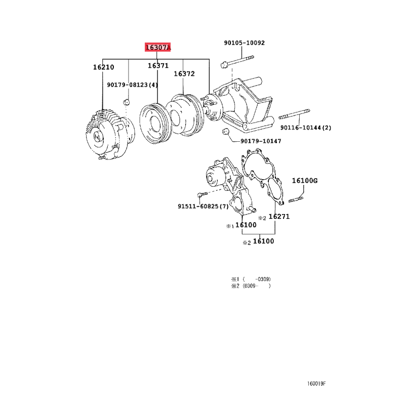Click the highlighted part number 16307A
157,47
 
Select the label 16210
104,67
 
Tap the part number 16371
158,66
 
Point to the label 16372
184,73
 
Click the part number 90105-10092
245,43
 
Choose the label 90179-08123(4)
132,85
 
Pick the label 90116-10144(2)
306,128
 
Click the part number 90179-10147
261,141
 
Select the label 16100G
305,181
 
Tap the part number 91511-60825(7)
204,207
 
